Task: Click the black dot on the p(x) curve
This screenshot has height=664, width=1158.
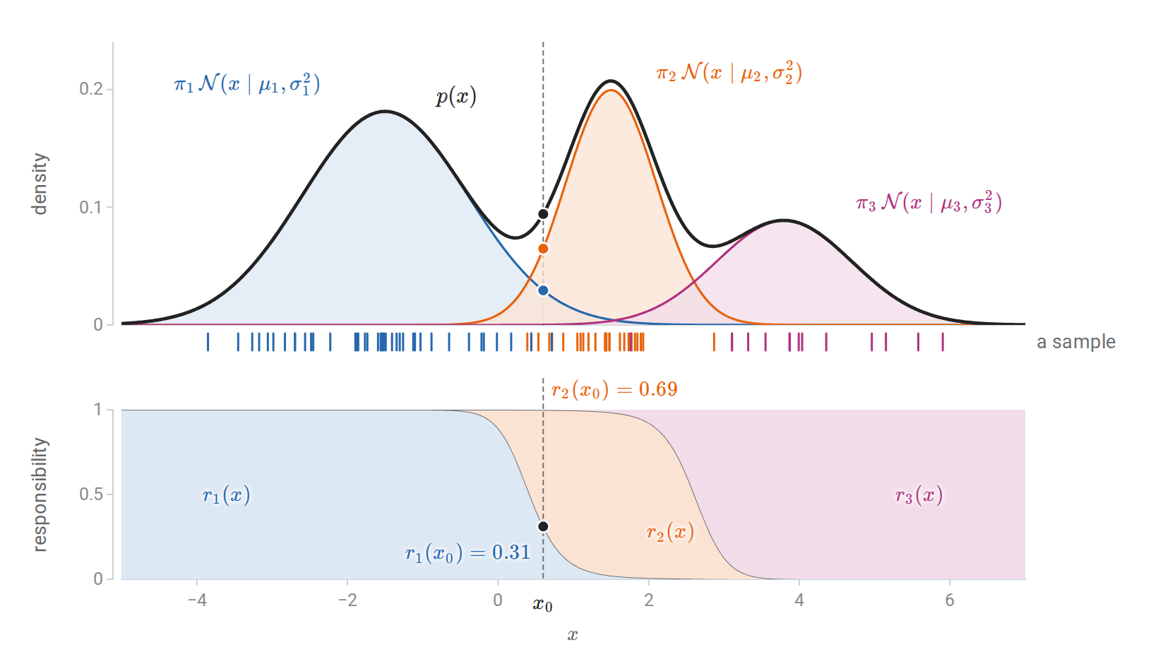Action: click(543, 214)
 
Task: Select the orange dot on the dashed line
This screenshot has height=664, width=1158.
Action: click(543, 249)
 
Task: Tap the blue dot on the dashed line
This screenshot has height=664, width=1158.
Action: click(543, 290)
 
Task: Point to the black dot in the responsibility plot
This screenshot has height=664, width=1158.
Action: click(543, 526)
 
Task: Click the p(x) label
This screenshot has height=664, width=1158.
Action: click(456, 97)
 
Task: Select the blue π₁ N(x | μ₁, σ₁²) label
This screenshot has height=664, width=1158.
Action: click(247, 84)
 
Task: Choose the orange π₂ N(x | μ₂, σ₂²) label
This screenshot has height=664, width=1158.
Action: click(729, 72)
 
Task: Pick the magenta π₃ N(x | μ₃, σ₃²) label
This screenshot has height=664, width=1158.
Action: click(929, 202)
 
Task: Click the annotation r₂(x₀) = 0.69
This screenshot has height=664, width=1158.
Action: click(614, 389)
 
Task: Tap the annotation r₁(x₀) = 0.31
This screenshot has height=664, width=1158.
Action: click(468, 553)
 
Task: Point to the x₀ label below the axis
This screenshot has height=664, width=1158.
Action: click(543, 604)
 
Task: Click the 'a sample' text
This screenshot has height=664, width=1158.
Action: click(1076, 342)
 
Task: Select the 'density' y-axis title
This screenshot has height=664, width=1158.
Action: click(40, 184)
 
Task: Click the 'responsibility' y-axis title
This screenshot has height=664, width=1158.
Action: click(40, 495)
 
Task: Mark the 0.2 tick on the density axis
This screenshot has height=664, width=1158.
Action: click(92, 89)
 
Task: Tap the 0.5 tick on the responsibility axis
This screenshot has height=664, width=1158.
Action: click(92, 494)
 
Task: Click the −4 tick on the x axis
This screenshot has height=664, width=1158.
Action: click(197, 600)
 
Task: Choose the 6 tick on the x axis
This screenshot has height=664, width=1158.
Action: click(950, 600)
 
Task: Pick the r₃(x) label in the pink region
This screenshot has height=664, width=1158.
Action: click(919, 495)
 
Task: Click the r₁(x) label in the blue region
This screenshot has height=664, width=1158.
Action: click(227, 495)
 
